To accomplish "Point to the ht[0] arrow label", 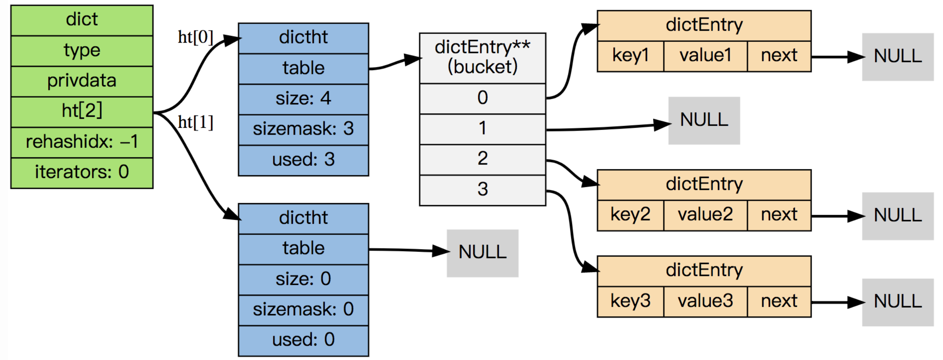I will (195, 37).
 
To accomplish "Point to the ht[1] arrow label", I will (195, 123).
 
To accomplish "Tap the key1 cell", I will (631, 56).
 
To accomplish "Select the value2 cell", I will (705, 215).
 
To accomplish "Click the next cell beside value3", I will (779, 301).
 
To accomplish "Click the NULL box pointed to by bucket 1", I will (704, 120).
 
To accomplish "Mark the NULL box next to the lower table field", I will (482, 253).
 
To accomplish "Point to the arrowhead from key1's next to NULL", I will (856, 57).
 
